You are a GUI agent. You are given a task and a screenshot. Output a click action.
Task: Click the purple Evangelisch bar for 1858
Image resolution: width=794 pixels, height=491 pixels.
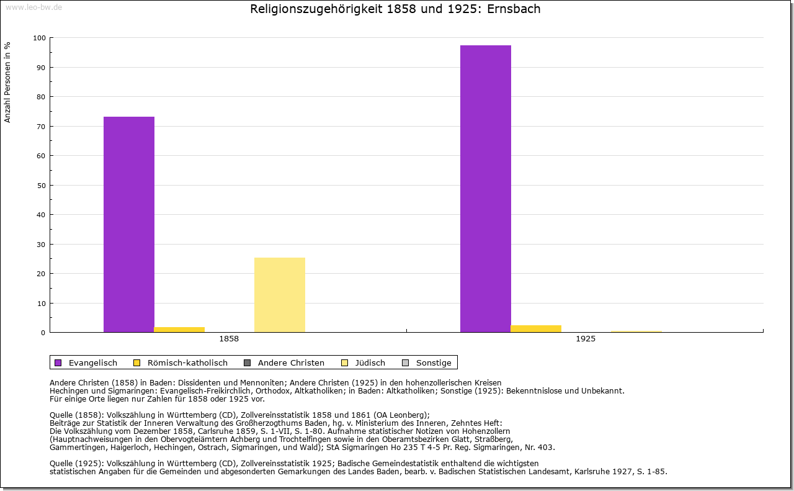coord(129,224)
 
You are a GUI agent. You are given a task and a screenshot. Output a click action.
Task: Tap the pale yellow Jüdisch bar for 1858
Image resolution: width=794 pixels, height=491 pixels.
coord(280,295)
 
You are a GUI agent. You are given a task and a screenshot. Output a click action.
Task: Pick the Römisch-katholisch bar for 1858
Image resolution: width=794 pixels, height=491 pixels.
coord(179,330)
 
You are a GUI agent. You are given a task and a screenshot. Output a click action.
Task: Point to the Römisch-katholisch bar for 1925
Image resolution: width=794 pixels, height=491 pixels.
coord(536,329)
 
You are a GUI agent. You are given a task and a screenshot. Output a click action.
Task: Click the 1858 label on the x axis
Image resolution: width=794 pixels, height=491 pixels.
coord(229,339)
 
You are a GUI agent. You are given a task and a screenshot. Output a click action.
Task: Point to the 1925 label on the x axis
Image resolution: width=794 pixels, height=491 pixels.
coord(586,339)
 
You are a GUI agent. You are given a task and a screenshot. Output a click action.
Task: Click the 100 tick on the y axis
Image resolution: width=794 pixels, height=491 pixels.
coord(40,38)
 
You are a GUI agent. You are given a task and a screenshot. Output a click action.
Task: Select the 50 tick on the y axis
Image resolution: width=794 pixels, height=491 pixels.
coord(42,185)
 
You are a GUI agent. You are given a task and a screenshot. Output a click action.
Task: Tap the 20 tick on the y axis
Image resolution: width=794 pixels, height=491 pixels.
coord(42,274)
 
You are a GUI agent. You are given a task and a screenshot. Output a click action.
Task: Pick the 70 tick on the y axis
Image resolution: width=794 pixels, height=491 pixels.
coord(42,127)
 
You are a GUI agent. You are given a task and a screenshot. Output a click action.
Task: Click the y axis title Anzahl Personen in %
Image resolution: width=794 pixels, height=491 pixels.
coord(7,82)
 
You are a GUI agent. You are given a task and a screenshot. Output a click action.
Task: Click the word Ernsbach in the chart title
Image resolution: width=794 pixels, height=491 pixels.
coord(514,9)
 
